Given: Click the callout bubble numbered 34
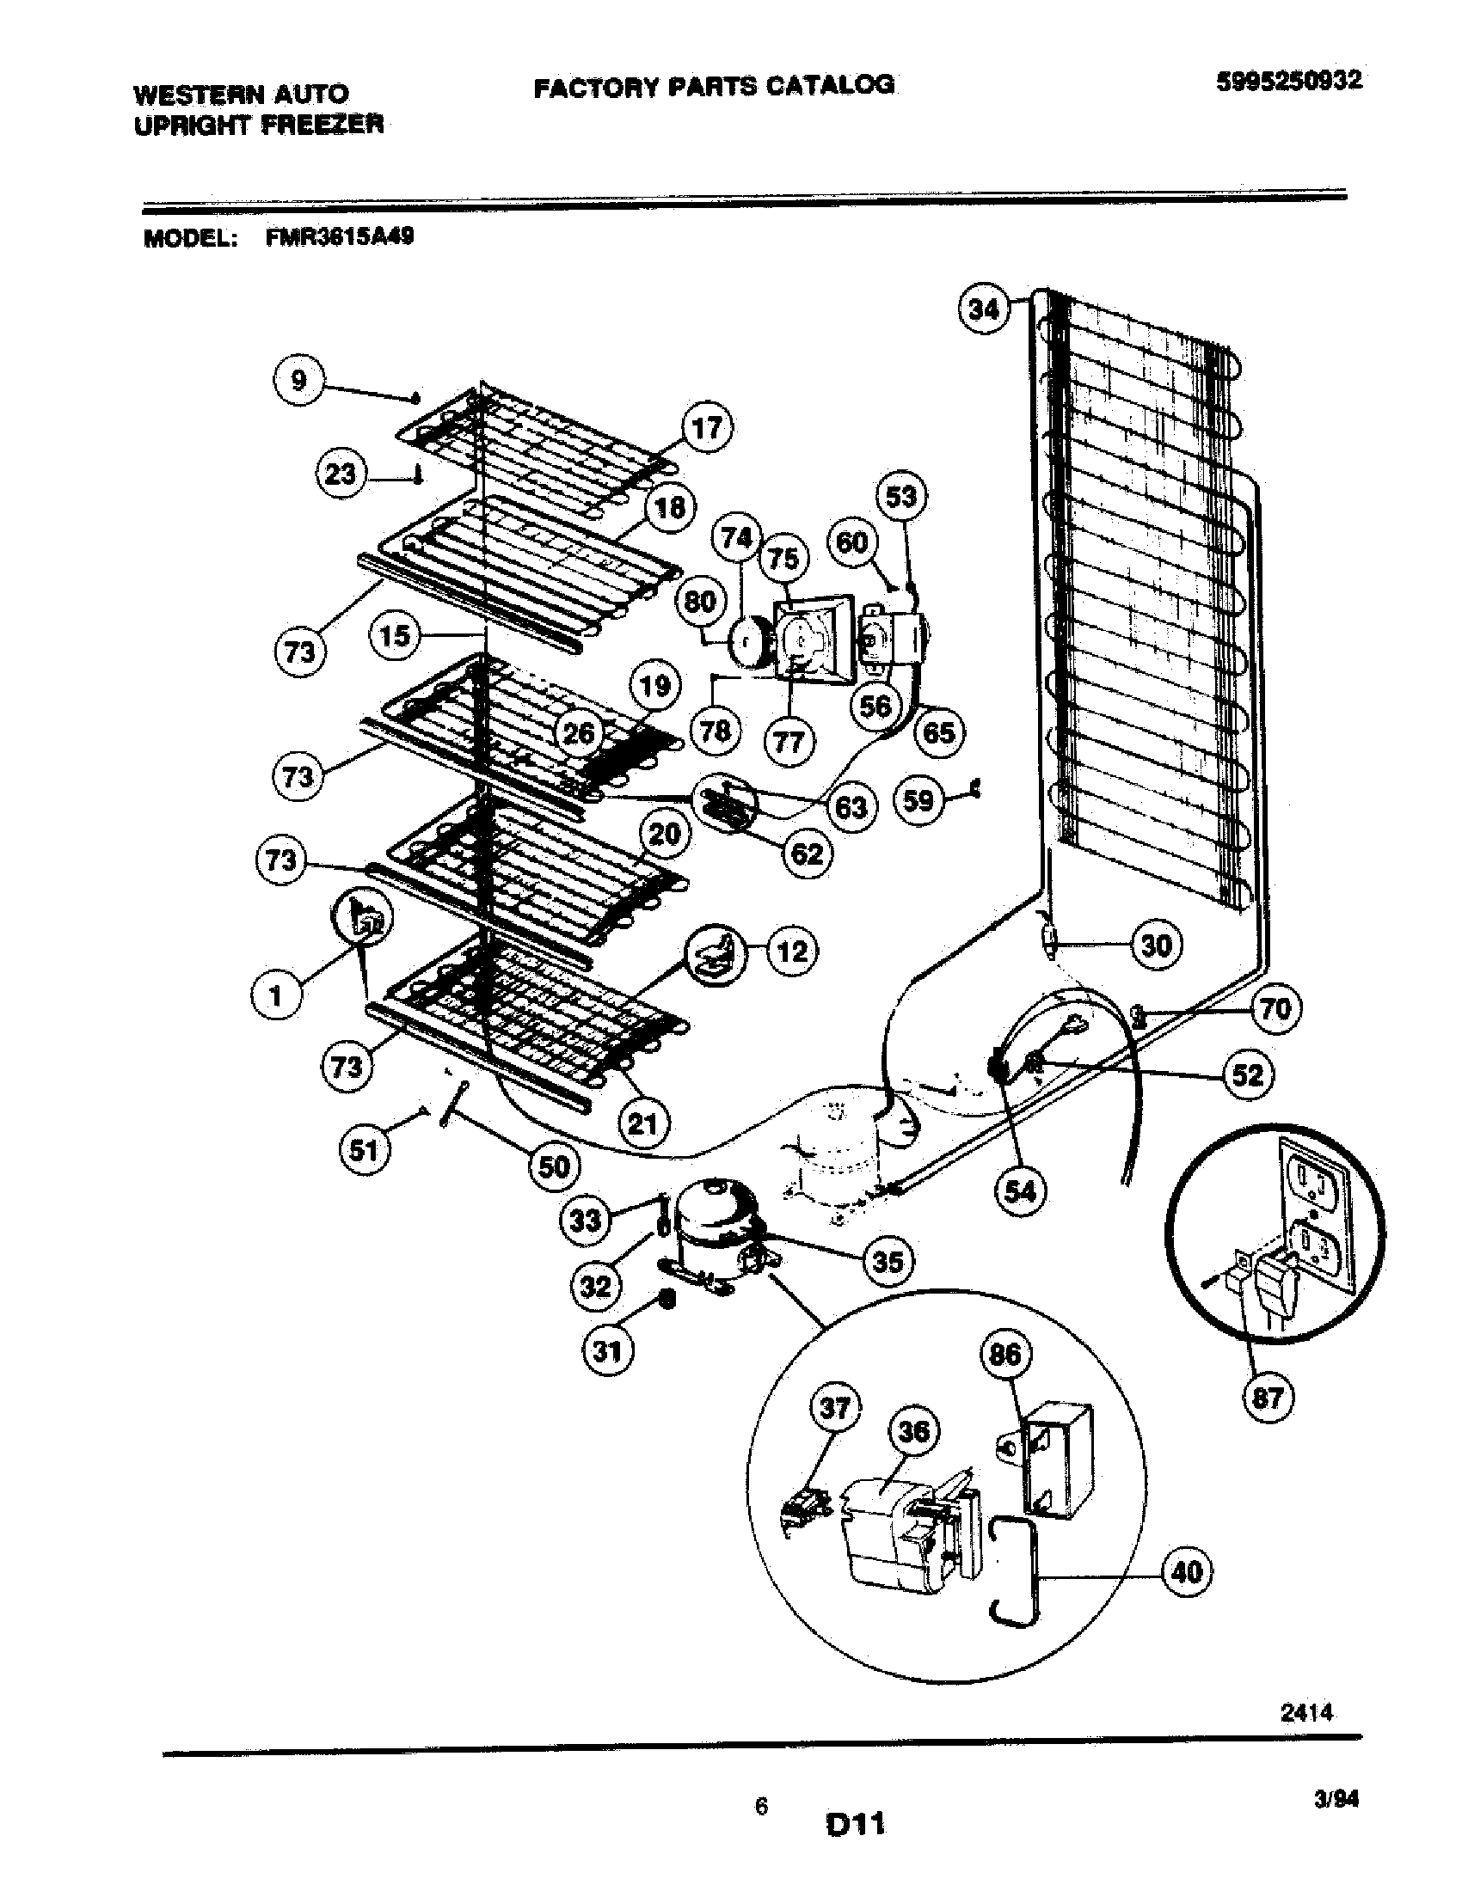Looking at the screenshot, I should coord(984,309).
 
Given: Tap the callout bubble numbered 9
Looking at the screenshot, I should coord(298,380).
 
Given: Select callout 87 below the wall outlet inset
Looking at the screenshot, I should coord(1267,1398).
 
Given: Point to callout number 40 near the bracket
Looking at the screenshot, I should coord(1187,1571).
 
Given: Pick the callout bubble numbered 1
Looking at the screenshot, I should coord(276,996).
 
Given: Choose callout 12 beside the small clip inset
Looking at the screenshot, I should coord(791,952).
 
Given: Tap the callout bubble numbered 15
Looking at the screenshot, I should coord(395,636).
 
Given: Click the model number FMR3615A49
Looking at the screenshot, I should coord(340,237).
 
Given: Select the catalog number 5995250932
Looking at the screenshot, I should coord(1289,82).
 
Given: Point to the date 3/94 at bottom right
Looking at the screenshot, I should coord(1336,1800).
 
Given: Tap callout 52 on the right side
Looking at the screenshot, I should coord(1248,1075).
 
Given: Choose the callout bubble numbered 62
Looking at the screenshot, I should coord(808,854).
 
